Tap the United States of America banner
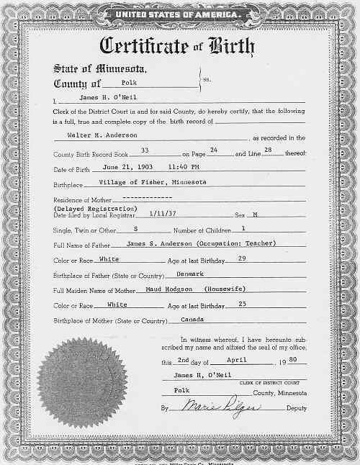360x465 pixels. tap(179, 12)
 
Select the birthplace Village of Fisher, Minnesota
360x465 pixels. tap(148, 182)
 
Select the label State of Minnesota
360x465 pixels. tap(100, 70)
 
